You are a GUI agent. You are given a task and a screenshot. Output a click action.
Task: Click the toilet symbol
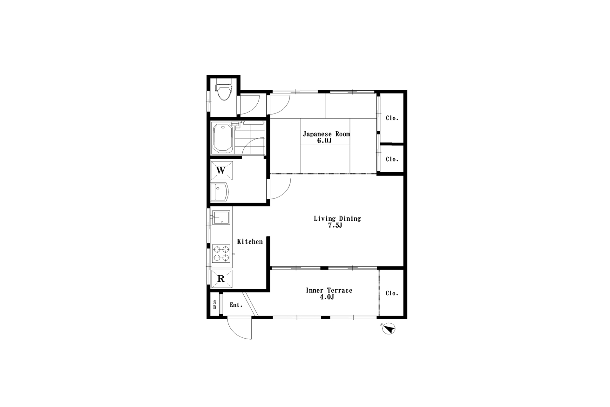click(224, 90)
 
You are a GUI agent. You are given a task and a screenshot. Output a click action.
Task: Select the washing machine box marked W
click(221, 170)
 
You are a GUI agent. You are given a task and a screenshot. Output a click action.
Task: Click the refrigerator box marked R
click(221, 279)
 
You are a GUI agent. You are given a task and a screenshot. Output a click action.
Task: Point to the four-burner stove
click(221, 253)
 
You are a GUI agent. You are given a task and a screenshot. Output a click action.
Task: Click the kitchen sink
click(221, 218)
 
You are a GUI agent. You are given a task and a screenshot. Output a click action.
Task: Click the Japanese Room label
click(326, 134)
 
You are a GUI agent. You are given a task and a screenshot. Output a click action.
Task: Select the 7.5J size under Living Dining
click(335, 225)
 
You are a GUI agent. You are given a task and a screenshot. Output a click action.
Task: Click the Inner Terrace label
click(329, 290)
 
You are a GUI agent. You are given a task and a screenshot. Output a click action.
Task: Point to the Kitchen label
click(250, 242)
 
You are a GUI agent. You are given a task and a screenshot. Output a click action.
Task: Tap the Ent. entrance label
click(236, 305)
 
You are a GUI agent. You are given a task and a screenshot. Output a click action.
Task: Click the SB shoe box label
click(214, 305)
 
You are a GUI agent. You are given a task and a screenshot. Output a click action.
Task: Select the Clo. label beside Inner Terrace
click(392, 293)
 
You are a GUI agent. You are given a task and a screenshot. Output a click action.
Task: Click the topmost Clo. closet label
click(392, 118)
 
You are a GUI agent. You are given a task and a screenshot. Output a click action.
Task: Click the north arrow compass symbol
click(389, 328)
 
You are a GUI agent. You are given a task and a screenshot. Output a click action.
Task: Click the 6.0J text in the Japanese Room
click(324, 141)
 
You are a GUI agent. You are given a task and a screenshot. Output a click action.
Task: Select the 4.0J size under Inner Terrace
click(327, 297)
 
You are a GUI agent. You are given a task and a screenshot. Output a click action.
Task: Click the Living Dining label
click(337, 218)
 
